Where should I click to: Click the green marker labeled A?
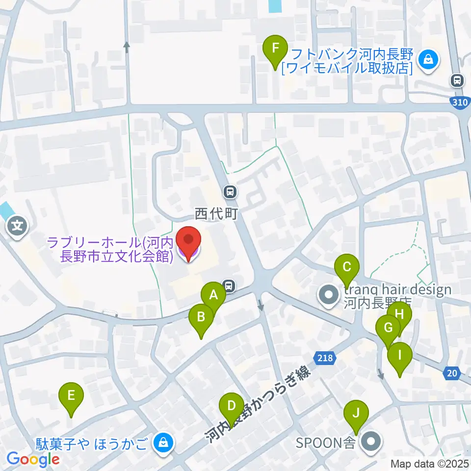tap(213, 296)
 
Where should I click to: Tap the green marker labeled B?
tap(201, 317)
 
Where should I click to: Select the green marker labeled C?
tap(347, 268)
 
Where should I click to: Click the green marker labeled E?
tap(71, 395)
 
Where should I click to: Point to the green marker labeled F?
tap(275, 49)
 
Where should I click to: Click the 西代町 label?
tap(215, 214)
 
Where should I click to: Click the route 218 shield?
tap(325, 358)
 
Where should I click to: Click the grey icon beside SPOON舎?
tap(371, 443)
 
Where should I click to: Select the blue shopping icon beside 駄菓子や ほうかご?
tap(161, 443)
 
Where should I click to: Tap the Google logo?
tap(32, 459)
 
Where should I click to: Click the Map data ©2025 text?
tap(430, 463)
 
